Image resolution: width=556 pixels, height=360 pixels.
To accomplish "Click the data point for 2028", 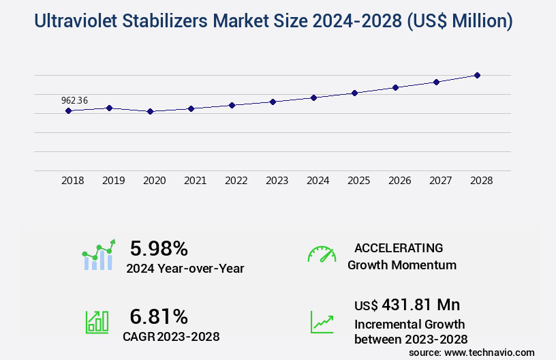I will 477,75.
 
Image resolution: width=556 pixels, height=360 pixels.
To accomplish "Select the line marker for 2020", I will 150,111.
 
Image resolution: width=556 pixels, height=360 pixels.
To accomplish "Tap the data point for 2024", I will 313,97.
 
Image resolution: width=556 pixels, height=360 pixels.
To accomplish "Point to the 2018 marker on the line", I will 68,110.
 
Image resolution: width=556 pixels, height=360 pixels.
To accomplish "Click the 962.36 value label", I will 74,100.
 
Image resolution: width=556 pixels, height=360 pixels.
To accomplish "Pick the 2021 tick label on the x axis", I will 195,181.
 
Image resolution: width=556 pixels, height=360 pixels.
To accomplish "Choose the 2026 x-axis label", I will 399,181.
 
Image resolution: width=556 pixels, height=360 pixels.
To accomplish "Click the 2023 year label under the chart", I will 277,181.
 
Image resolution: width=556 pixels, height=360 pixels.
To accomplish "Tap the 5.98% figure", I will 159,248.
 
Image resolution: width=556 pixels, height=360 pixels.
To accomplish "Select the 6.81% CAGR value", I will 159,316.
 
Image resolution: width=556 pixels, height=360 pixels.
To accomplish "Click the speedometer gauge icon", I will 322,254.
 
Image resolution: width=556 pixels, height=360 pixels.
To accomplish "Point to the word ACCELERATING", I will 399,247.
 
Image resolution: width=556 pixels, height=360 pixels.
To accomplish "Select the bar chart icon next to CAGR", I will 97,322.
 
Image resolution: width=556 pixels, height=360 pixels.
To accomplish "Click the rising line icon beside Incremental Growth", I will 322,322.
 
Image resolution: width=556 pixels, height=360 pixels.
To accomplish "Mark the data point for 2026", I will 395,87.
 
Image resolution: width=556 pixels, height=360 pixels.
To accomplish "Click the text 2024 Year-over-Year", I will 185,269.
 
